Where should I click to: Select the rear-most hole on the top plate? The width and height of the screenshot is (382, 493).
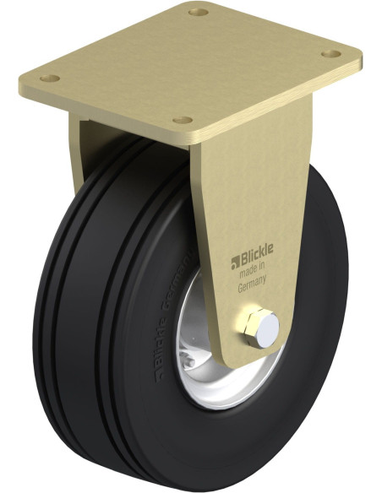[198, 14]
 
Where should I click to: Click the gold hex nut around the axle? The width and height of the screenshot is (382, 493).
[249, 326]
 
